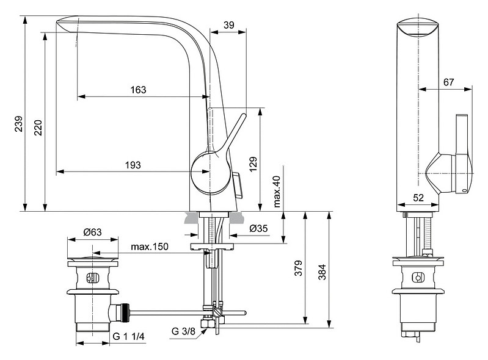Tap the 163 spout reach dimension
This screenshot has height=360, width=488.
[x=138, y=90]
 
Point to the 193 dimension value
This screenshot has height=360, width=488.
[x=133, y=165]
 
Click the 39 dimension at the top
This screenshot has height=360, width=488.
[x=228, y=24]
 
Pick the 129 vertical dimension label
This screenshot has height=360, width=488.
[x=253, y=163]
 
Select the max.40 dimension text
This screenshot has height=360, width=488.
[x=276, y=190]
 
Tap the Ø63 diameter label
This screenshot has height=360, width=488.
[x=92, y=232]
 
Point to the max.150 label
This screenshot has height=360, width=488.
[x=150, y=247]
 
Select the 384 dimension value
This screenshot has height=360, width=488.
[x=322, y=270]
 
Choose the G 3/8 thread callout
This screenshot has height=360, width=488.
[x=183, y=331]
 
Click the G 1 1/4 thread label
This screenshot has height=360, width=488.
[x=128, y=336]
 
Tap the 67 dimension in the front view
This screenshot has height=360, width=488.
[x=449, y=82]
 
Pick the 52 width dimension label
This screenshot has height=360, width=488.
[x=418, y=197]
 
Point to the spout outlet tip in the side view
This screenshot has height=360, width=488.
[x=67, y=26]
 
